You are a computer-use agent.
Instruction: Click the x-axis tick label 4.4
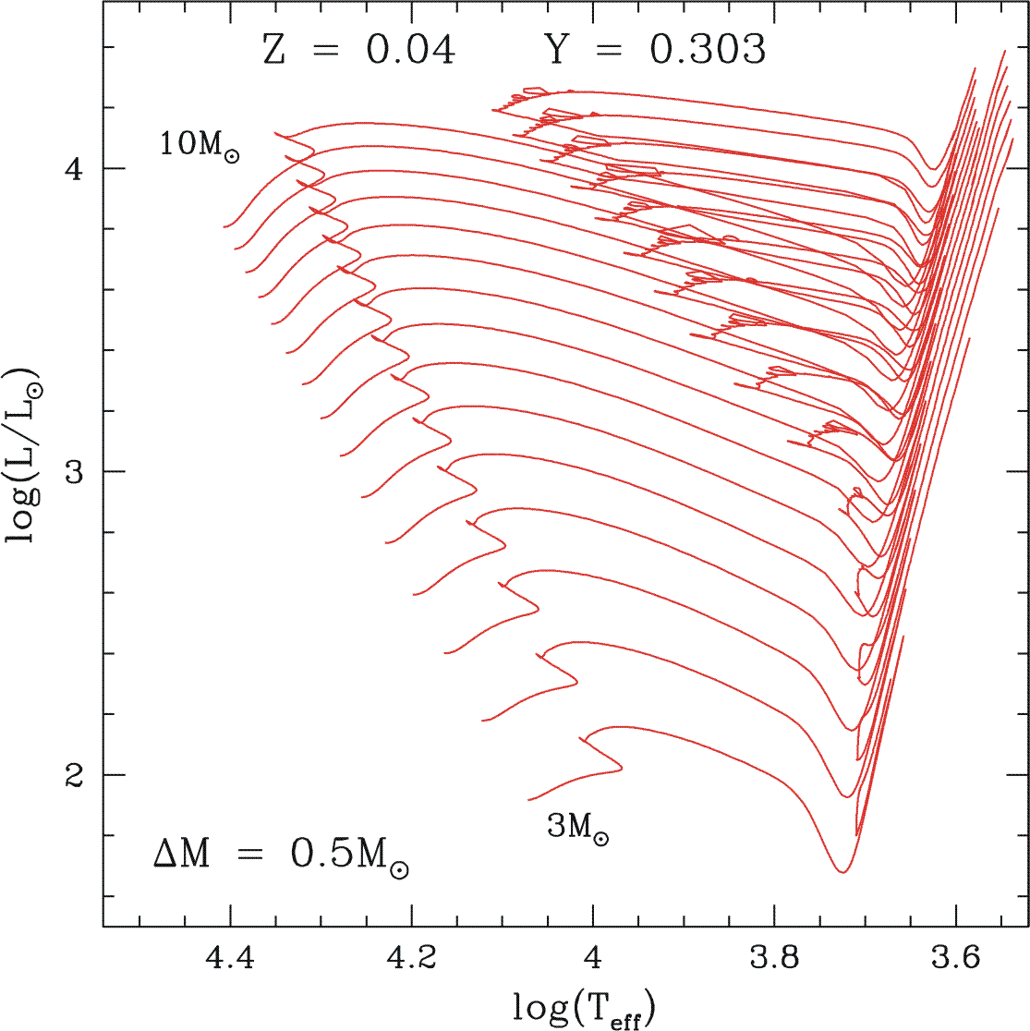click(231, 962)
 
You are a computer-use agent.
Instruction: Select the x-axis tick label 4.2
click(412, 962)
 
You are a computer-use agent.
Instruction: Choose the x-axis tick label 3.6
click(956, 962)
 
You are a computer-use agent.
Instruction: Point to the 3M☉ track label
click(578, 829)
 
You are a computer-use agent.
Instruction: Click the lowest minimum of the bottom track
click(842, 871)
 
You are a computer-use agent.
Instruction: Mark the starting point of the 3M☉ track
click(528, 800)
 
